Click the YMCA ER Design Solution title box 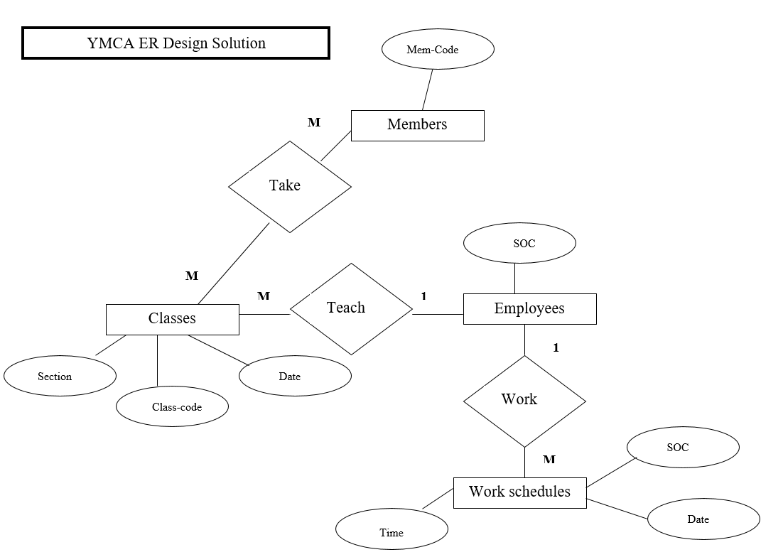(x=175, y=43)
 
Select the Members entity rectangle (x=417, y=125)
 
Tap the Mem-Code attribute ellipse (x=437, y=50)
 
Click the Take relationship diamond (x=289, y=186)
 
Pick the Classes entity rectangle (x=172, y=319)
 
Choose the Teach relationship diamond (x=351, y=308)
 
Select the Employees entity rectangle (x=529, y=309)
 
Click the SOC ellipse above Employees (x=519, y=244)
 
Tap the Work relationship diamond (x=524, y=401)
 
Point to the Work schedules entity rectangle (x=519, y=492)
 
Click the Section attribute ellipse (x=60, y=377)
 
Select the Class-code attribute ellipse (x=173, y=407)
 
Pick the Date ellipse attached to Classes (x=295, y=377)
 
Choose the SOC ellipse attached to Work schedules (x=683, y=448)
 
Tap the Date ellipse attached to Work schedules (x=703, y=519)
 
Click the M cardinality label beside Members (x=313, y=123)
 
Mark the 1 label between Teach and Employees (x=423, y=296)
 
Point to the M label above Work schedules (x=549, y=460)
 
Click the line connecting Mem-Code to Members (x=428, y=90)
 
